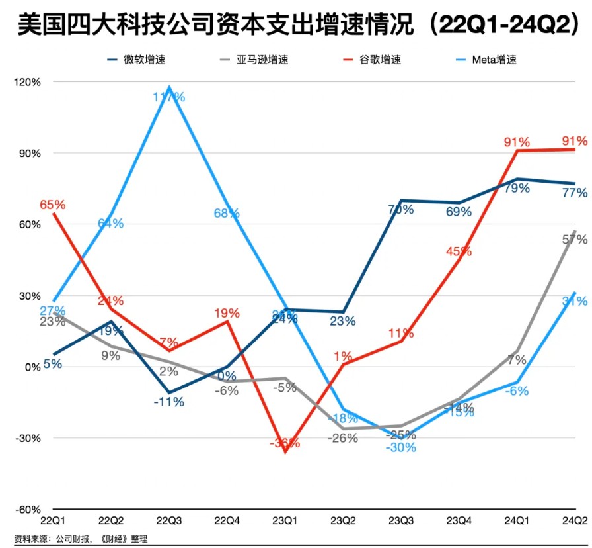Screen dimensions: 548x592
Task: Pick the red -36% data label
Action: (x=285, y=443)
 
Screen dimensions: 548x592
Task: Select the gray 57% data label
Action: (x=574, y=240)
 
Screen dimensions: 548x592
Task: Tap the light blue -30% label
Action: (x=402, y=447)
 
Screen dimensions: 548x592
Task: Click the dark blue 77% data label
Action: (x=574, y=193)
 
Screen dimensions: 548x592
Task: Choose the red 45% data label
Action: (x=459, y=251)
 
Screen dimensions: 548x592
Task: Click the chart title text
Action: (x=295, y=25)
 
